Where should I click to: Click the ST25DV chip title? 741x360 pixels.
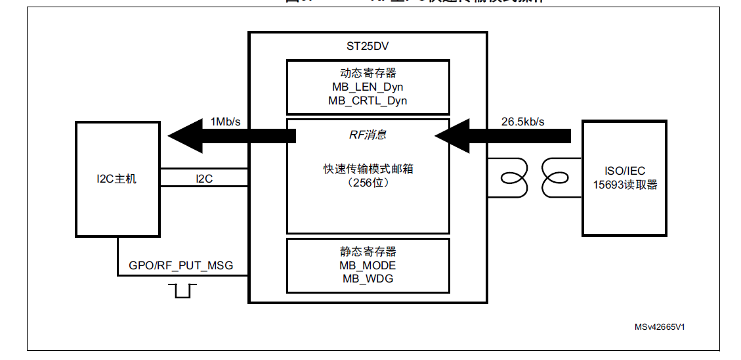pyautogui.click(x=368, y=47)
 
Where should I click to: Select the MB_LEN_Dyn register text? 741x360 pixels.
pyautogui.click(x=368, y=87)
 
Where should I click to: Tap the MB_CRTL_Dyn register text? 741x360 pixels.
pyautogui.click(x=368, y=101)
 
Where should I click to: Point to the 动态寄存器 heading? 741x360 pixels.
pyautogui.click(x=368, y=73)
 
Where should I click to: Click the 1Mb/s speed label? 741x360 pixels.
pyautogui.click(x=225, y=122)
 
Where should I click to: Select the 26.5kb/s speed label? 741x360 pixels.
pyautogui.click(x=522, y=122)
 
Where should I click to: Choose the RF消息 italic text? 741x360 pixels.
pyautogui.click(x=367, y=135)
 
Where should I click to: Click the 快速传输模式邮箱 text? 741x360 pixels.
pyautogui.click(x=368, y=169)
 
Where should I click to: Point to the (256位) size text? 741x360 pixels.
pyautogui.click(x=368, y=183)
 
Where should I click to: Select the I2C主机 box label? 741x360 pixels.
pyautogui.click(x=117, y=179)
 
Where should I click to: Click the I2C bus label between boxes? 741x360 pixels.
pyautogui.click(x=204, y=178)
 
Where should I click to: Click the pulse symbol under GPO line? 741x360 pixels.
pyautogui.click(x=182, y=290)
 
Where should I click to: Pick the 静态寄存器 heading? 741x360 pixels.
pyautogui.click(x=368, y=252)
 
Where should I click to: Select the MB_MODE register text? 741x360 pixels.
pyautogui.click(x=368, y=265)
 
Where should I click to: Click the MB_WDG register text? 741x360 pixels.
pyautogui.click(x=368, y=279)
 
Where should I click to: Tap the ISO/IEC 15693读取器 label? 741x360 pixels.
pyautogui.click(x=624, y=178)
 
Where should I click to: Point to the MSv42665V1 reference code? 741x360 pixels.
pyautogui.click(x=664, y=326)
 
